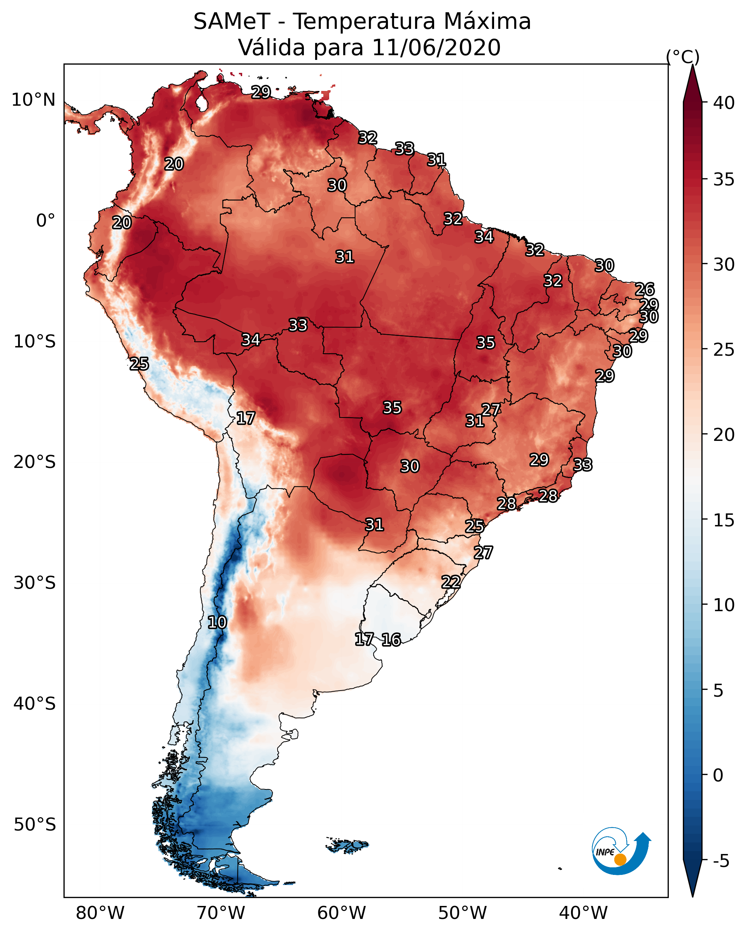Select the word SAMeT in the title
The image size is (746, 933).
(232, 22)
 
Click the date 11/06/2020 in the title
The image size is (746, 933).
(436, 48)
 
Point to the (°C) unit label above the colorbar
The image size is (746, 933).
(683, 57)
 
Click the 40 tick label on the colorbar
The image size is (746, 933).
(724, 103)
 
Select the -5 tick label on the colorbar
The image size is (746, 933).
(721, 861)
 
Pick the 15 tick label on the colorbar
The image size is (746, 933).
(724, 520)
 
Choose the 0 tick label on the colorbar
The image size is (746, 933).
(718, 775)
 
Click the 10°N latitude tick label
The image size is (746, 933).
(33, 100)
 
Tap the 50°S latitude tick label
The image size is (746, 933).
(35, 825)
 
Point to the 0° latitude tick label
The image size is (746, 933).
(45, 221)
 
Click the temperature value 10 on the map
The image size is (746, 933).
(217, 623)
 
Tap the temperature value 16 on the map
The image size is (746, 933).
(391, 640)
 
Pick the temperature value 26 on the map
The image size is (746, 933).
(645, 289)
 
